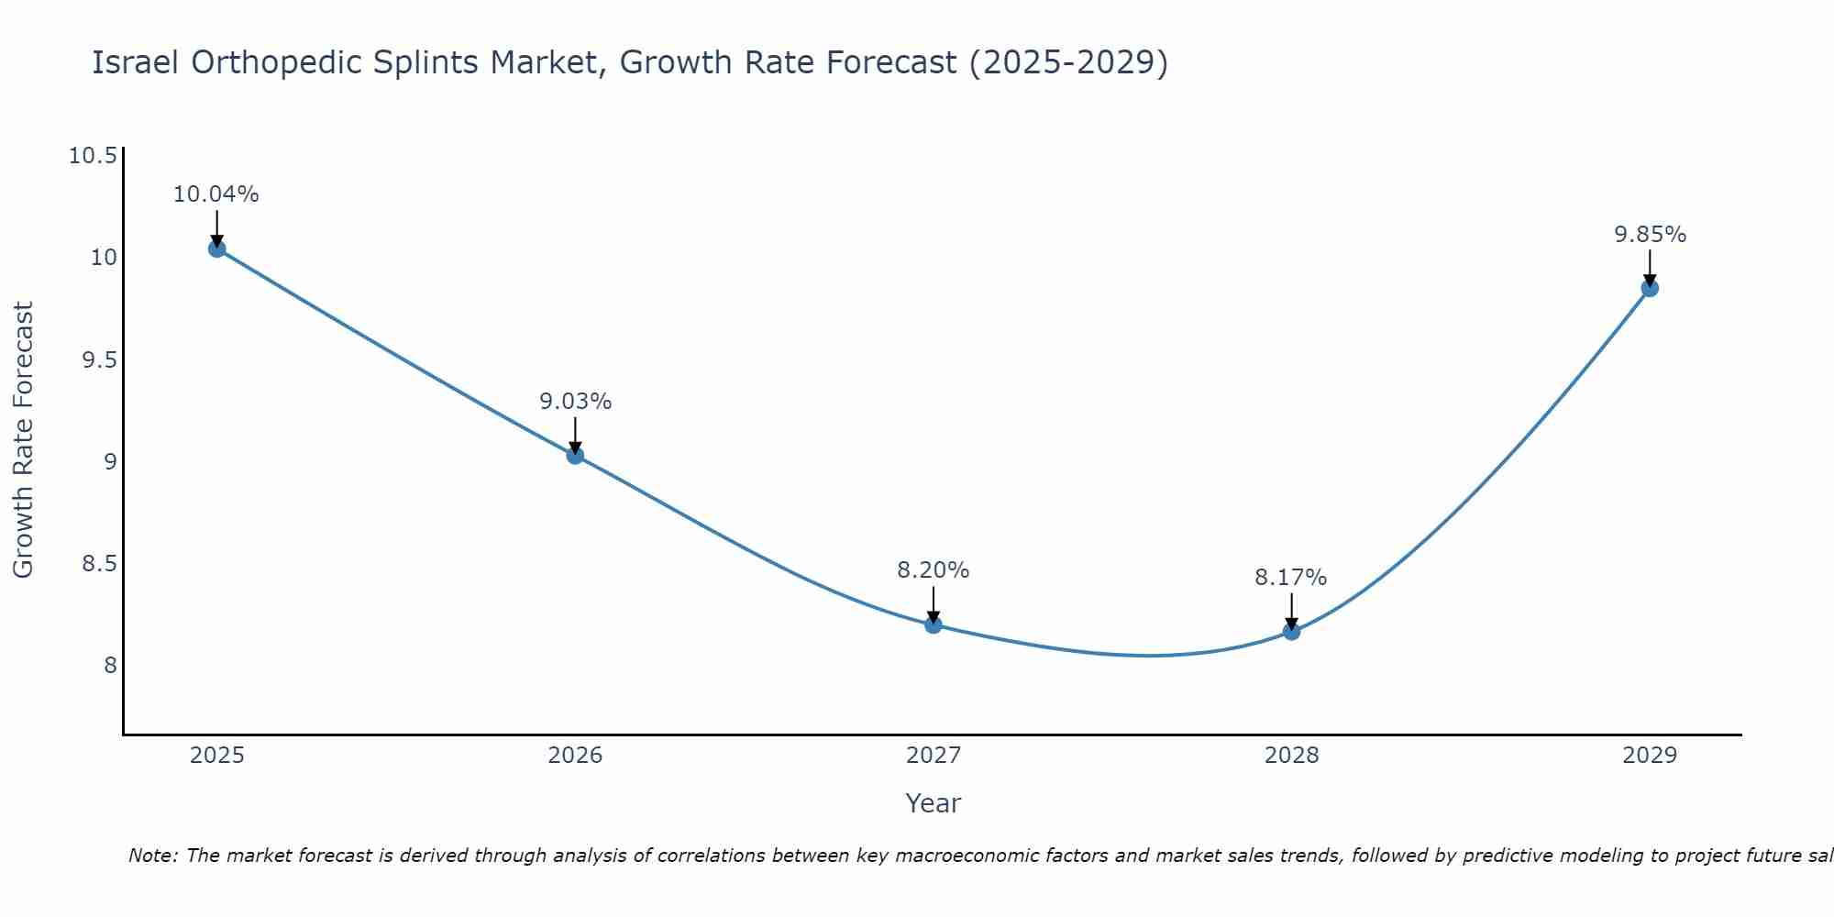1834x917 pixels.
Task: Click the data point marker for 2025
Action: point(216,249)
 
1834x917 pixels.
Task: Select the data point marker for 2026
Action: point(575,455)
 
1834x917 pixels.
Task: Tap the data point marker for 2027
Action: point(933,624)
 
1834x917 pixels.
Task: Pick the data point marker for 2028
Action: point(1291,631)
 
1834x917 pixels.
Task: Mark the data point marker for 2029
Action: point(1649,288)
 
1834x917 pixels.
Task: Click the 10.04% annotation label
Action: point(216,194)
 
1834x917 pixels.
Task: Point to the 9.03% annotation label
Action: point(575,402)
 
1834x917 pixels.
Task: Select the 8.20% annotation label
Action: point(933,570)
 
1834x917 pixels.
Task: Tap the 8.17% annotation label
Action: point(1291,578)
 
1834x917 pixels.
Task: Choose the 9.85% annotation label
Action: point(1650,235)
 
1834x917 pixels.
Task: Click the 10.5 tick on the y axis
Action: point(93,156)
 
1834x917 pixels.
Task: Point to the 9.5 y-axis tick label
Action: point(99,359)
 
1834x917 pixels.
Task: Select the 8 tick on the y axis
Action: point(110,665)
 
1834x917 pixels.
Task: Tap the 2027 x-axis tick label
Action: point(933,756)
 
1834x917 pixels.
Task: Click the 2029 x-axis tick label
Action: point(1649,756)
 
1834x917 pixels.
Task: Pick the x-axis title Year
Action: point(933,803)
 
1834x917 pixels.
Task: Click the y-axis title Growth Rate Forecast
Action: point(23,440)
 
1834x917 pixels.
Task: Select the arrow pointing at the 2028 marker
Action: point(1291,611)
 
